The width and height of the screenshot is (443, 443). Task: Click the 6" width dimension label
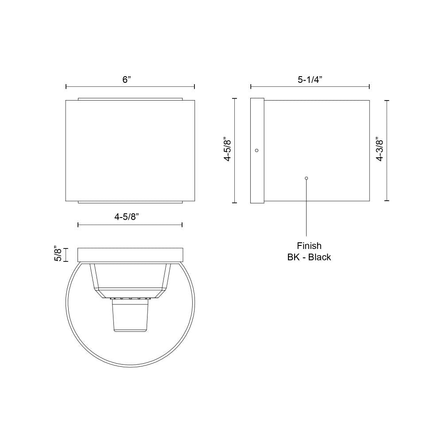click(127, 80)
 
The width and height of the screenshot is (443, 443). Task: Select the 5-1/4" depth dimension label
click(310, 80)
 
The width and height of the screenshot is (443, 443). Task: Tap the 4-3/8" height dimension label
click(380, 149)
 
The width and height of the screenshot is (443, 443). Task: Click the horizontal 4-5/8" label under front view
click(127, 217)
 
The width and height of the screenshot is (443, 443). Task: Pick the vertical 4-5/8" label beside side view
click(227, 149)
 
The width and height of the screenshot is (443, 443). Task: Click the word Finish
click(309, 246)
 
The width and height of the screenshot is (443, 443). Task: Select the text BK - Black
click(309, 257)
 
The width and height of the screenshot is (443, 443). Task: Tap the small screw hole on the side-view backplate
click(256, 150)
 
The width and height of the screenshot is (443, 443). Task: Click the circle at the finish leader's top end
click(306, 178)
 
